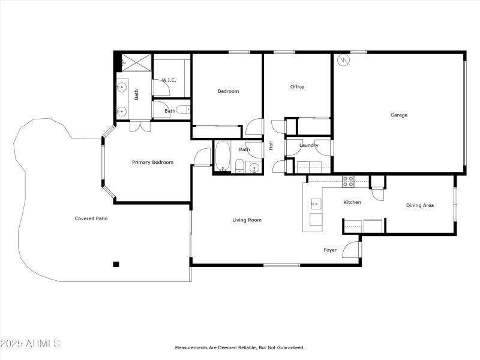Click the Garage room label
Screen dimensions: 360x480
[399, 115]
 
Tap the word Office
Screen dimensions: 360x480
[297, 87]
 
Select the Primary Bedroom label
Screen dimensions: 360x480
[152, 163]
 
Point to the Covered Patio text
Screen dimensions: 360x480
[91, 218]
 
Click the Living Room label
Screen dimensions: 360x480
[247, 220]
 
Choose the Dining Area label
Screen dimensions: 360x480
[420, 206]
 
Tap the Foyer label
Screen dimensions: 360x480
[330, 250]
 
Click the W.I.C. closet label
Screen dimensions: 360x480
[168, 80]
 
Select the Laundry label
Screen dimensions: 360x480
[309, 145]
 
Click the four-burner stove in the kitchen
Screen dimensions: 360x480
[348, 181]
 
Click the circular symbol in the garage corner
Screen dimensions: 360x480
[343, 60]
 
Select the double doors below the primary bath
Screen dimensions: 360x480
[140, 126]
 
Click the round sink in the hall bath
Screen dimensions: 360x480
[253, 168]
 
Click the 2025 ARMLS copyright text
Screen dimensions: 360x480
[30, 344]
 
